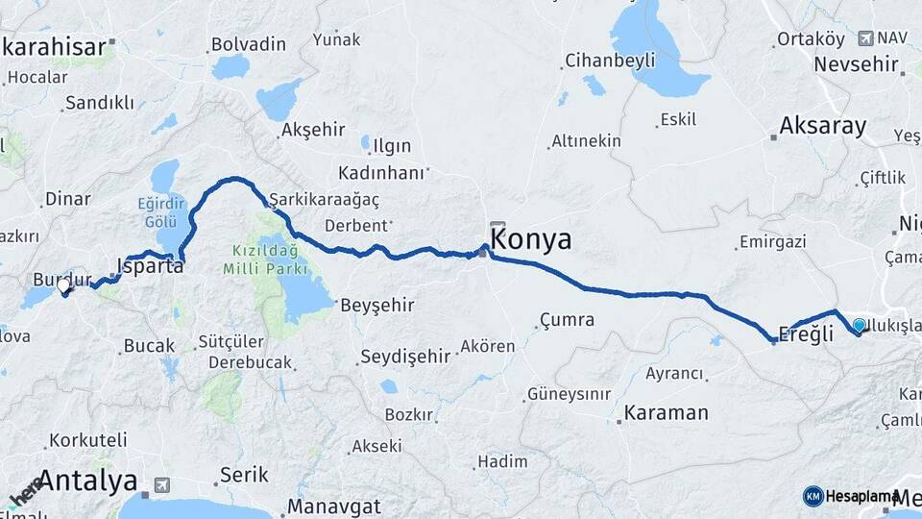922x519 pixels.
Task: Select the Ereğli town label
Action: click(x=807, y=334)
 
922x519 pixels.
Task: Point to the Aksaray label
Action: click(x=823, y=126)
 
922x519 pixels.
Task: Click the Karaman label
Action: click(x=666, y=413)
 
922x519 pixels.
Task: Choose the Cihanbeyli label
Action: click(x=610, y=61)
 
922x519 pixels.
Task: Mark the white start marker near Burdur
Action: click(x=63, y=285)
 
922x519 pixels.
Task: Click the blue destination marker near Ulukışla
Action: click(x=859, y=326)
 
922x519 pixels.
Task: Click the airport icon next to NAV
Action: click(x=864, y=37)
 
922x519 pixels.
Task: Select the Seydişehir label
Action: click(x=404, y=357)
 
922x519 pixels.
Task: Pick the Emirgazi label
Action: click(x=773, y=242)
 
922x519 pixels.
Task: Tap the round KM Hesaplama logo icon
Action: click(x=813, y=496)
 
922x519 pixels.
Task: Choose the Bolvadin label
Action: click(x=249, y=44)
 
